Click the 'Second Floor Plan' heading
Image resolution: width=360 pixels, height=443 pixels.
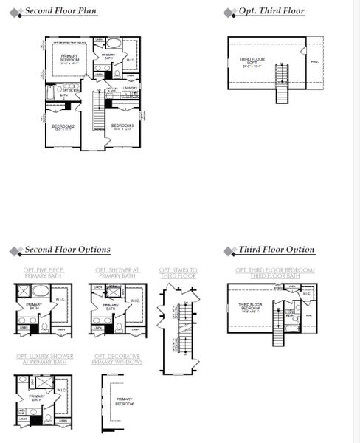pyautogui.click(x=61, y=12)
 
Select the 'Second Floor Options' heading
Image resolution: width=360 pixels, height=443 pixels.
pyautogui.click(x=67, y=250)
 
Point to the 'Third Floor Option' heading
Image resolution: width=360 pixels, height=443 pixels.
pyautogui.click(x=276, y=250)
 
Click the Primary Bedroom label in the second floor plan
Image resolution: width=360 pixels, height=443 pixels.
pyautogui.click(x=70, y=58)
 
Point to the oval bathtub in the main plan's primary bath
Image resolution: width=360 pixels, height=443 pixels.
pyautogui.click(x=114, y=44)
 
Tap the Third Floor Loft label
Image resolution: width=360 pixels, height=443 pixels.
pyautogui.click(x=251, y=62)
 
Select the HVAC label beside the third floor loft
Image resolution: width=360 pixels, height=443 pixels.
pyautogui.click(x=315, y=62)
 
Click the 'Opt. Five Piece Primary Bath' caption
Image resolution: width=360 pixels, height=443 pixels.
pyautogui.click(x=44, y=273)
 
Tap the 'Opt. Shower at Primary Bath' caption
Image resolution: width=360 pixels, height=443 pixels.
pyautogui.click(x=117, y=273)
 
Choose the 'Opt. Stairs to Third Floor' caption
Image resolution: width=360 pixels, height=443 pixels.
pyautogui.click(x=179, y=273)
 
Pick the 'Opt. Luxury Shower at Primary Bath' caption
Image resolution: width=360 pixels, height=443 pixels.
pyautogui.click(x=44, y=359)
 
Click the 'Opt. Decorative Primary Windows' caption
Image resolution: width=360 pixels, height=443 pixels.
pyautogui.click(x=117, y=359)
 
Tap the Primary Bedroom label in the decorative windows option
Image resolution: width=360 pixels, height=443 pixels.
pyautogui.click(x=124, y=402)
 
